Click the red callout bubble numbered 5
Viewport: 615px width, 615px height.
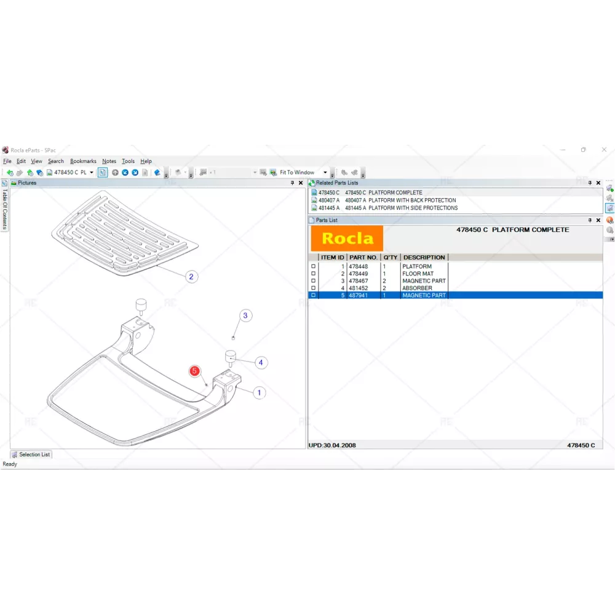(x=194, y=371)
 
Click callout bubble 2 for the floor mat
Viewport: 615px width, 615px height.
(x=191, y=277)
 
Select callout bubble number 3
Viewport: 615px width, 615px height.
(x=245, y=315)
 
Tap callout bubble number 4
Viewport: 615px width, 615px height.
(x=261, y=362)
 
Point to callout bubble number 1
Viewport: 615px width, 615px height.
(x=260, y=392)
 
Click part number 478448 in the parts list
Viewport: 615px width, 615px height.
(x=358, y=266)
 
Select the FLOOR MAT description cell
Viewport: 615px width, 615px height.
(x=418, y=274)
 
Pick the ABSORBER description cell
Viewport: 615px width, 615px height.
(x=417, y=288)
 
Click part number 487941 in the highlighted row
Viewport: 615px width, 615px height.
(x=358, y=295)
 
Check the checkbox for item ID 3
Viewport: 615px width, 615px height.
(x=313, y=281)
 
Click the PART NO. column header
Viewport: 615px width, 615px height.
(x=363, y=257)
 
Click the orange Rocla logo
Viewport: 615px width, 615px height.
(x=347, y=238)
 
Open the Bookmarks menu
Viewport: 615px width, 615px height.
(x=83, y=161)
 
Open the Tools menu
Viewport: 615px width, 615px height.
(x=128, y=161)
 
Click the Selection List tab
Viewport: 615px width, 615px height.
(x=31, y=454)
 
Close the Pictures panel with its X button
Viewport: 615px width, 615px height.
(x=301, y=183)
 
